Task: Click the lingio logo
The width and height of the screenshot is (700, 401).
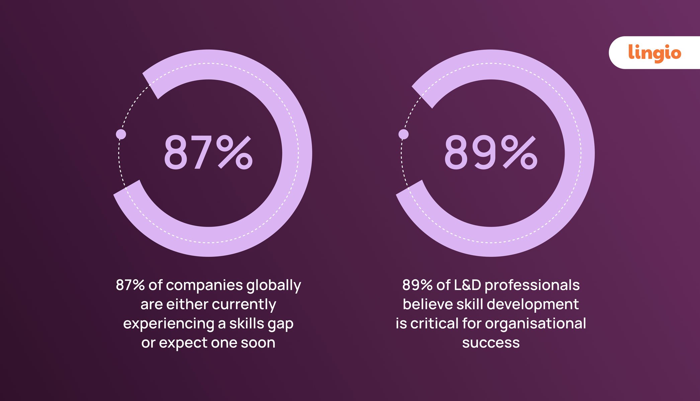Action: point(654,53)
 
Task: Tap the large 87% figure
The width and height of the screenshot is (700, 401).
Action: point(208,153)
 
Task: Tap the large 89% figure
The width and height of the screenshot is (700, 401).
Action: point(491,153)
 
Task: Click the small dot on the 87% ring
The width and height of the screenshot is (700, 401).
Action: point(121,134)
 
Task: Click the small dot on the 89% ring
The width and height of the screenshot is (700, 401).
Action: point(404,134)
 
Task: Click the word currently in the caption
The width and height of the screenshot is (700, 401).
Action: point(244,305)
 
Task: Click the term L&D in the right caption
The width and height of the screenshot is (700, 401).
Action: point(467,285)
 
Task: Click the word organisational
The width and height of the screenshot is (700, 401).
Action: point(535,323)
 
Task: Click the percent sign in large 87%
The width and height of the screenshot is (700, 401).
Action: point(234,153)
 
